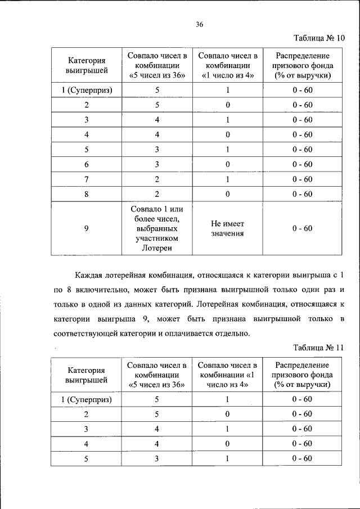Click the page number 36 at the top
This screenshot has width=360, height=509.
coord(199,24)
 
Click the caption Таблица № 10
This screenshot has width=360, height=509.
coord(318,39)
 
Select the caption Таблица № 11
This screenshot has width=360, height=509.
coord(318,348)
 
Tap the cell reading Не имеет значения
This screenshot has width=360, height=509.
coord(224,228)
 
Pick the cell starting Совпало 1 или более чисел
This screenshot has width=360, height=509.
coord(157,228)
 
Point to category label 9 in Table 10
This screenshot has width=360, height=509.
coord(86,228)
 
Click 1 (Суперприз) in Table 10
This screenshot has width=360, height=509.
coord(86,90)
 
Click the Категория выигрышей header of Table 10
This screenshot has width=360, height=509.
coord(86,65)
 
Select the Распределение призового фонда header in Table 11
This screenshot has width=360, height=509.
coord(302,375)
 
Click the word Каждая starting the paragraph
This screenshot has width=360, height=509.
coord(90,276)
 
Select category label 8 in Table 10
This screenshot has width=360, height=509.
coord(86,194)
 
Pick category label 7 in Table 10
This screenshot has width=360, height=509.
coord(86,179)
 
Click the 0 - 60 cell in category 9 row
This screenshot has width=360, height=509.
coord(302,228)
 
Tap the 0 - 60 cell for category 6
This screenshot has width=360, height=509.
coord(302,164)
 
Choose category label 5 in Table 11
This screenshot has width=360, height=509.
coord(86,458)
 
